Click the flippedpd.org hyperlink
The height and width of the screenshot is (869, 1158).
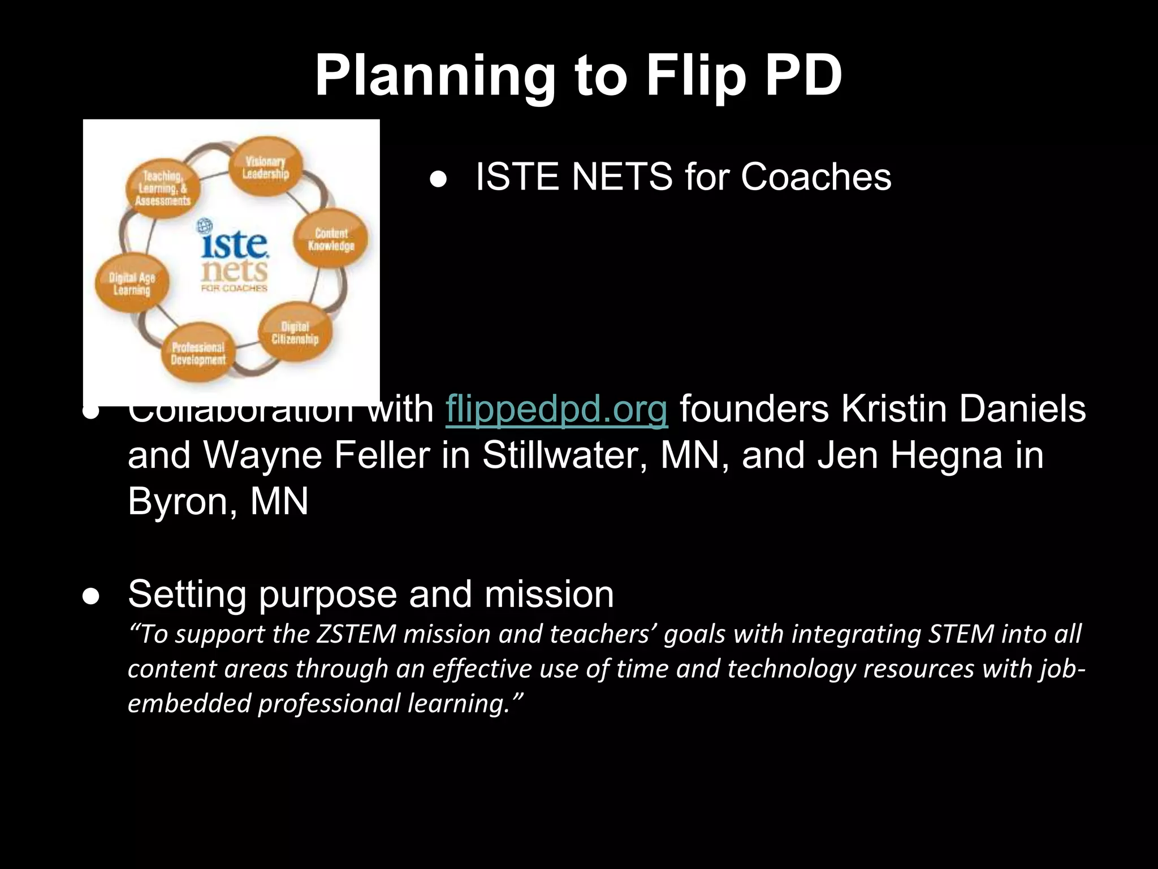(x=556, y=410)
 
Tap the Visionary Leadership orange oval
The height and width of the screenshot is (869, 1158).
(x=266, y=167)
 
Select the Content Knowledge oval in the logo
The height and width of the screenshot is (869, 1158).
(x=331, y=239)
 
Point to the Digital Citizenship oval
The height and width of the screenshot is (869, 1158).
(x=295, y=333)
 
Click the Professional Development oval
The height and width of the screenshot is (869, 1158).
(x=198, y=354)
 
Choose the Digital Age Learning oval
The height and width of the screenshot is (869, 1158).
(x=132, y=284)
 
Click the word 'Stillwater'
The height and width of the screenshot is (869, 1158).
(x=565, y=455)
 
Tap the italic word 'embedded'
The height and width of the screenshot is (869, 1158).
(x=189, y=704)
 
